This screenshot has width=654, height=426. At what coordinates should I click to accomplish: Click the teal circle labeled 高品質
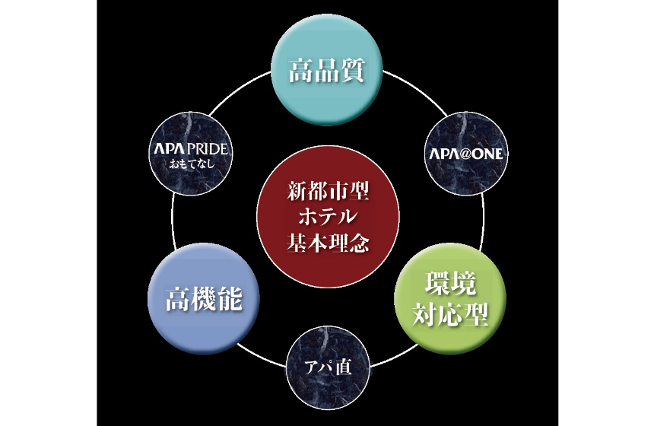[x=327, y=70]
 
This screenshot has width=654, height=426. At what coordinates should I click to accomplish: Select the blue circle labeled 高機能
[x=204, y=299]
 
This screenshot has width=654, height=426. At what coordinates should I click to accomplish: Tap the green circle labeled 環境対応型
[x=450, y=299]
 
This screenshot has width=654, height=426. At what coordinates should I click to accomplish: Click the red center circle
[x=328, y=217]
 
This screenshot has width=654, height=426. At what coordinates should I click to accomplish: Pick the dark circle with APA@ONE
[x=466, y=154]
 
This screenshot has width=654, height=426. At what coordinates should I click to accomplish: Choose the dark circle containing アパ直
[x=328, y=368]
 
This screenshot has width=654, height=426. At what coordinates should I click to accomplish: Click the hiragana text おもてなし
[x=192, y=164]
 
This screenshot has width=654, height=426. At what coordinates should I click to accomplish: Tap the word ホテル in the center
[x=328, y=217]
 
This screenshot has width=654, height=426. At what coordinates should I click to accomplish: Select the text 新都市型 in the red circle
[x=328, y=191]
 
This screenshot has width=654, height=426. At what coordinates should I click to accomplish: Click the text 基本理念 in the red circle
[x=328, y=242]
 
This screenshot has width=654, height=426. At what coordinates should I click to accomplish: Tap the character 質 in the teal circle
[x=353, y=70]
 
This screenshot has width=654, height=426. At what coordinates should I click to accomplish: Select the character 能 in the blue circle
[x=230, y=299]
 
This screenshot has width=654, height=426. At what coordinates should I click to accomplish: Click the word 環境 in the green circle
[x=450, y=285]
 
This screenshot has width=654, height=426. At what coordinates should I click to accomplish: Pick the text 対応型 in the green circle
[x=450, y=313]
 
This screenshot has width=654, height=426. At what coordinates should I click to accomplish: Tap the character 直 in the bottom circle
[x=344, y=367]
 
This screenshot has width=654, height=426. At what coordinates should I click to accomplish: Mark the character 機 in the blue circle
[x=204, y=299]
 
